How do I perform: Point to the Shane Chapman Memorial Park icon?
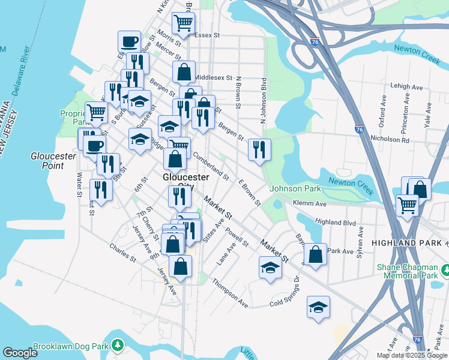pos(444,271)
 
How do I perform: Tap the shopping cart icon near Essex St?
pos(183,23)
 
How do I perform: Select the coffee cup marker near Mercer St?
pos(129,41)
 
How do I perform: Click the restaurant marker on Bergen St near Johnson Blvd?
pos(259,149)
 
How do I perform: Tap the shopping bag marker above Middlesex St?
pos(184,71)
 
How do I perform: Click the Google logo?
pos(20,353)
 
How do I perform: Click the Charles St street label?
pos(123,252)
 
